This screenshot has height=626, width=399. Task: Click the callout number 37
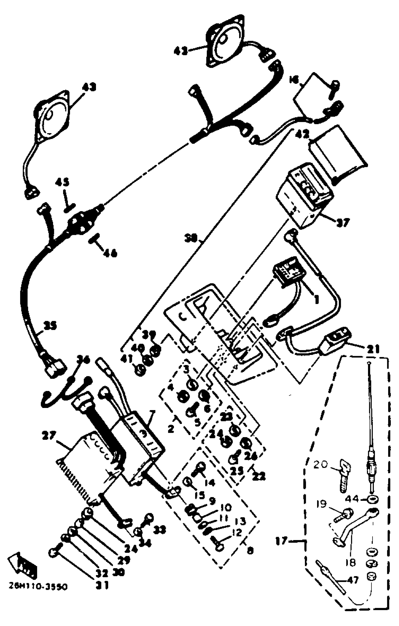(x=343, y=222)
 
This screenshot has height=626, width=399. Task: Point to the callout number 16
(x=295, y=81)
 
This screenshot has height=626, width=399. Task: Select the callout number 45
(x=62, y=182)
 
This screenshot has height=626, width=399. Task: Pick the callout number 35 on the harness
(x=50, y=326)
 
